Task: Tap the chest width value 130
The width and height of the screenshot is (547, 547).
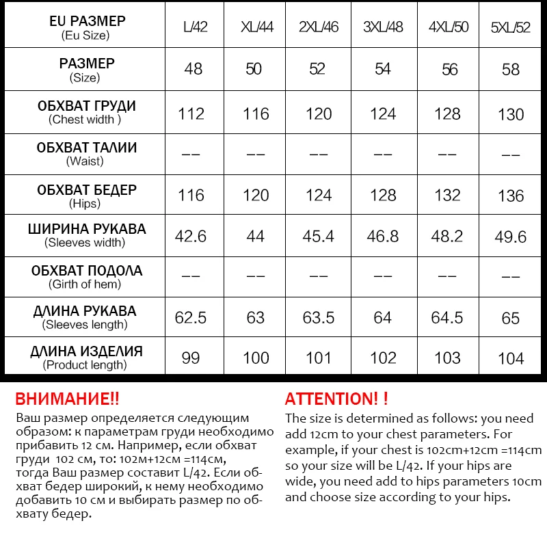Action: click(511, 114)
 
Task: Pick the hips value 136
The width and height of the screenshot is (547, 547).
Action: click(511, 196)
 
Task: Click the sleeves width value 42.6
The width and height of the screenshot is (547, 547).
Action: click(191, 236)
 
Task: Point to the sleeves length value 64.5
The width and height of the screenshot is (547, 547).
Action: click(447, 318)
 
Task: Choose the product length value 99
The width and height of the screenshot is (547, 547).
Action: click(191, 358)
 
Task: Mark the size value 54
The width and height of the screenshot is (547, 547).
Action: click(383, 69)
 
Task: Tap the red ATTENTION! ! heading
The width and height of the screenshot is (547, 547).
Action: click(336, 399)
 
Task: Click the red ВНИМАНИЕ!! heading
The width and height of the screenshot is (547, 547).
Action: click(66, 399)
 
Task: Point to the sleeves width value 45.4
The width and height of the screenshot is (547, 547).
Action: click(319, 236)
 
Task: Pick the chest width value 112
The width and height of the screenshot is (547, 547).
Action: click(191, 114)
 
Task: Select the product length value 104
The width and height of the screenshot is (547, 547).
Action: click(511, 358)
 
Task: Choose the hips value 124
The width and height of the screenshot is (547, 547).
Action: click(319, 196)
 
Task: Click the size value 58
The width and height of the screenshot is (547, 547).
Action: click(511, 69)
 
